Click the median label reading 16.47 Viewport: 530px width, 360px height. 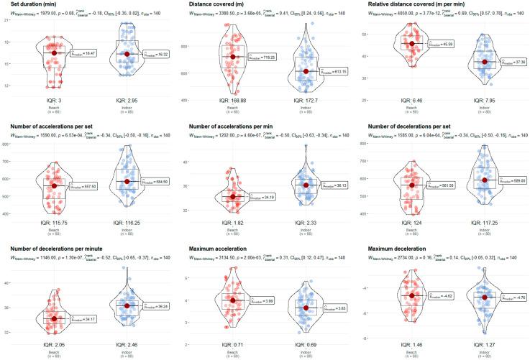(x=83, y=52)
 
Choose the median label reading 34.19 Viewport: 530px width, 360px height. (x=260, y=197)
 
